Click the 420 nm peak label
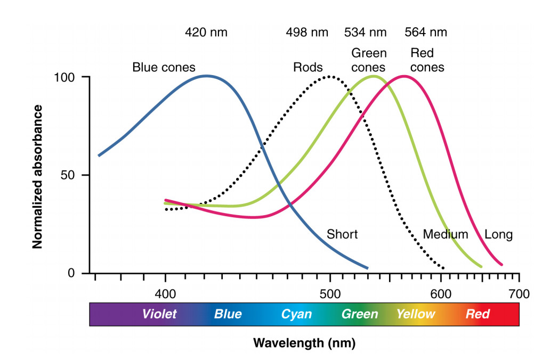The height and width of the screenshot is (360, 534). tap(206, 32)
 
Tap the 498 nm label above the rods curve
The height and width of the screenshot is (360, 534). tap(307, 32)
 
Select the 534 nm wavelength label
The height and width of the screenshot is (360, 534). tap(366, 32)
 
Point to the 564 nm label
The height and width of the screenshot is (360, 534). tap(426, 32)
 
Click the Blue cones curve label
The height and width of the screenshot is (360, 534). tap(164, 68)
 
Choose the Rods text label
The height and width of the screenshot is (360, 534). tap(308, 68)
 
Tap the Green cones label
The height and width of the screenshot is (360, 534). tap(369, 60)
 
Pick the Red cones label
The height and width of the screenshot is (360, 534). tap(427, 60)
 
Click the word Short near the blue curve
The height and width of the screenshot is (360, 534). tap(342, 234)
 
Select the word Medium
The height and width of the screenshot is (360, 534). tap(446, 234)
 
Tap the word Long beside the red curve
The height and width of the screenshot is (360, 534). tap(498, 234)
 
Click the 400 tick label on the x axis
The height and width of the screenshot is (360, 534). tap(165, 293)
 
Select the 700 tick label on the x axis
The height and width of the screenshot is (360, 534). tap(518, 293)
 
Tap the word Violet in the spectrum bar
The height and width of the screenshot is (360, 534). tap(159, 314)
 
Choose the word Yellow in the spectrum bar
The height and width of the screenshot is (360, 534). tap(416, 314)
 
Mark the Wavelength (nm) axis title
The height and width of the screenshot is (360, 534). tap(304, 342)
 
